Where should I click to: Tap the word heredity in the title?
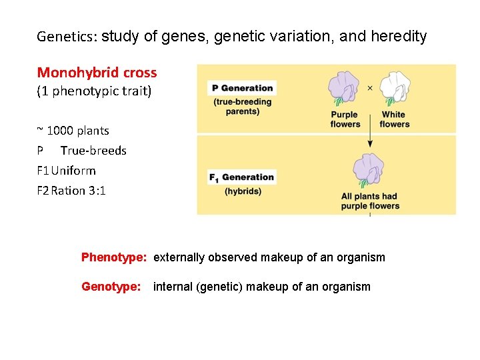click(x=398, y=37)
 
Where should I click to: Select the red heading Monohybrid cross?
click(x=97, y=73)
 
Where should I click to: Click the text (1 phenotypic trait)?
click(x=94, y=91)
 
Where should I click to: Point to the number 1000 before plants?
click(x=60, y=131)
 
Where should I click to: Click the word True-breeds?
click(x=93, y=151)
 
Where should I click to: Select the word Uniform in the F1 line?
click(x=73, y=171)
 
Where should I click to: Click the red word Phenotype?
click(x=114, y=257)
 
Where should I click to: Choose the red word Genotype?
click(x=111, y=287)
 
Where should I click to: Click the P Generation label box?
click(x=242, y=88)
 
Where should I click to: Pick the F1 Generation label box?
click(x=242, y=177)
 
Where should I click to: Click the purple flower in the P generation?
click(x=345, y=89)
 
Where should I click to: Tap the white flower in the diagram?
click(x=394, y=88)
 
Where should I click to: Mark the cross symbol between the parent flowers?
click(x=370, y=87)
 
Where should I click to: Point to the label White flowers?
click(x=394, y=119)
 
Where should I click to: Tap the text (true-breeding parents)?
click(x=243, y=107)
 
